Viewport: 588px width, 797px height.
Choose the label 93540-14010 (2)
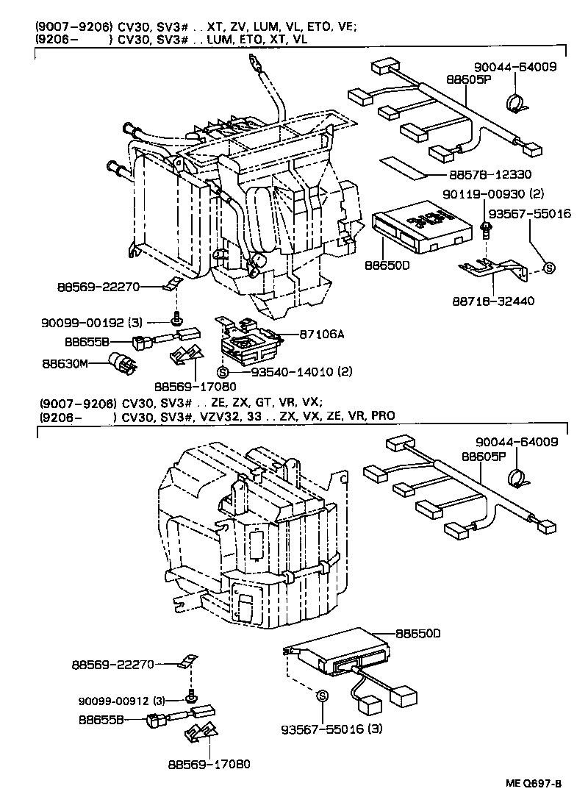pyautogui.click(x=302, y=372)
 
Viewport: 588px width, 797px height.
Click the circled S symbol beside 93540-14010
pyautogui.click(x=223, y=372)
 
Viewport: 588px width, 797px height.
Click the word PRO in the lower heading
pyautogui.click(x=382, y=415)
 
